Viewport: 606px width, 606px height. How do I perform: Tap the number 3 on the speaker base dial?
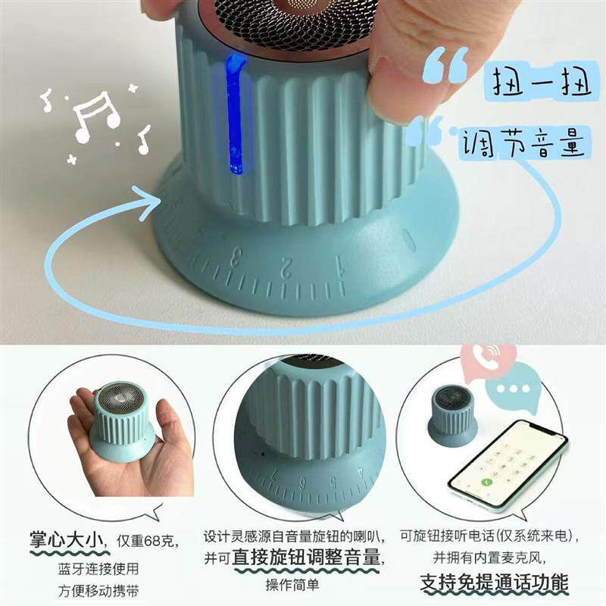click(236, 257)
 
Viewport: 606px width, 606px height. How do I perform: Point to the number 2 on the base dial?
click(286, 266)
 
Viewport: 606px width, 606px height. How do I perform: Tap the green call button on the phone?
click(487, 482)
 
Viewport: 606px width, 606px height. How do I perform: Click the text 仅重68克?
click(148, 540)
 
